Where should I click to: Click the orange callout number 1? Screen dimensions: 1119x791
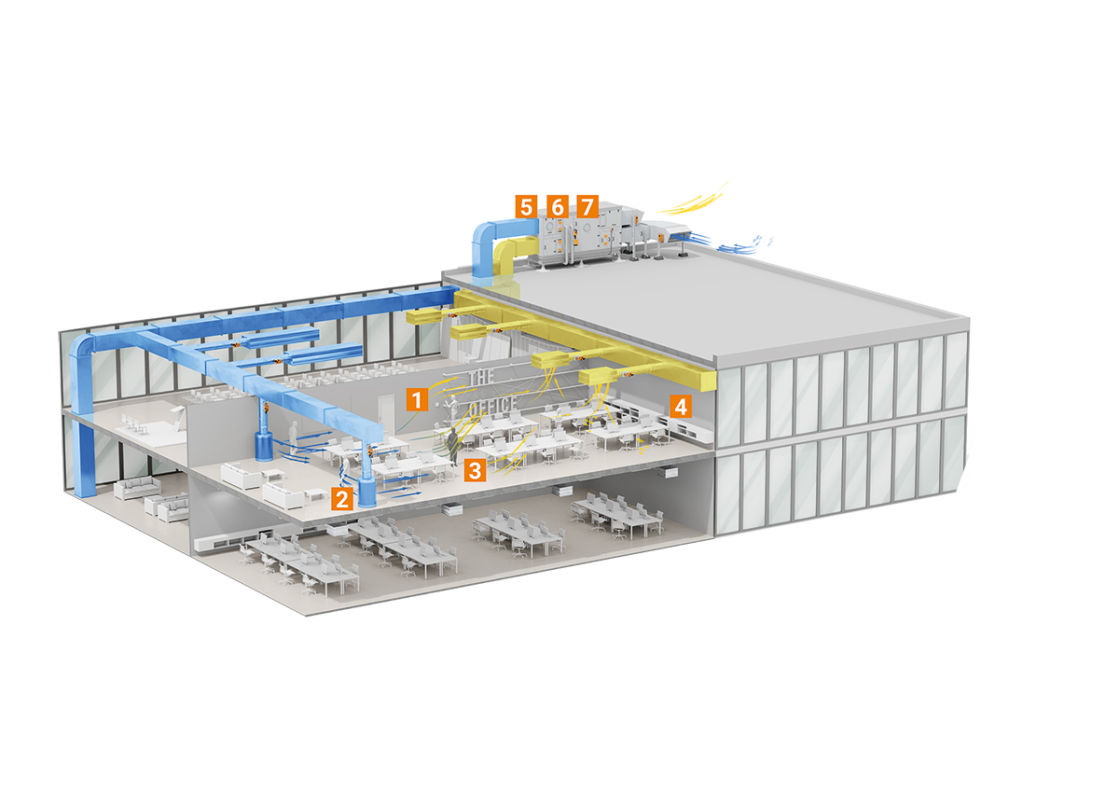pyautogui.click(x=417, y=398)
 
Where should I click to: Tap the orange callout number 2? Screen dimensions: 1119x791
pyautogui.click(x=342, y=498)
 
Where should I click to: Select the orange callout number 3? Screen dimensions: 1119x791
pyautogui.click(x=475, y=470)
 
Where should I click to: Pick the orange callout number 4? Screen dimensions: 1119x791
pyautogui.click(x=681, y=406)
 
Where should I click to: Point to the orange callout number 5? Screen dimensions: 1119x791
pyautogui.click(x=527, y=206)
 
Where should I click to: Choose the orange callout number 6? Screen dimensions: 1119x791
pyautogui.click(x=557, y=206)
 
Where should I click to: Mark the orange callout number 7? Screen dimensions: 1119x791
pyautogui.click(x=587, y=206)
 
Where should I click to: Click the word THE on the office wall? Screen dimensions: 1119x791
pyautogui.click(x=481, y=377)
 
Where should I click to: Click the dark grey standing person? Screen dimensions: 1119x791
pyautogui.click(x=452, y=446)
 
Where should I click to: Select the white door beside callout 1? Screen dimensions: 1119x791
pyautogui.click(x=385, y=414)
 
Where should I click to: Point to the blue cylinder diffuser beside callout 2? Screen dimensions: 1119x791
pyautogui.click(x=367, y=492)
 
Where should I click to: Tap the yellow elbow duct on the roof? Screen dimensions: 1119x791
pyautogui.click(x=512, y=257)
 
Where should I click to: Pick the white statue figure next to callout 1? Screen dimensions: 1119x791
pyautogui.click(x=452, y=409)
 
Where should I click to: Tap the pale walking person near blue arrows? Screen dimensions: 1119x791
pyautogui.click(x=294, y=437)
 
